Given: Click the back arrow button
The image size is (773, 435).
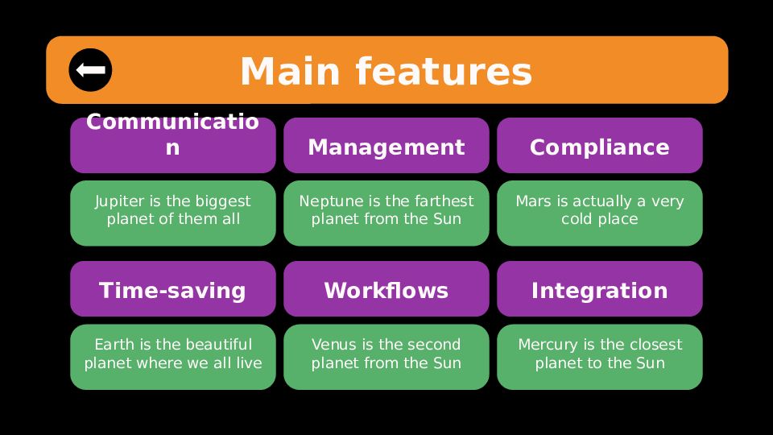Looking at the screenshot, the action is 90,70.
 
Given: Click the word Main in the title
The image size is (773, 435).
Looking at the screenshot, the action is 290,72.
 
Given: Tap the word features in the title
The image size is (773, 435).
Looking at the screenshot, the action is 444,72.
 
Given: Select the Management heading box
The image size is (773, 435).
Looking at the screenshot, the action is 386,146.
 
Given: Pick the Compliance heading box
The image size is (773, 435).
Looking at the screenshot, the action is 599,146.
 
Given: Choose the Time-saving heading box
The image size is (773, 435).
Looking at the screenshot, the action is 172,289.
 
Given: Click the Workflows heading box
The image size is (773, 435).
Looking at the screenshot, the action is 386,289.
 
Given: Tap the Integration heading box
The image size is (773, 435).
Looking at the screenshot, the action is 599,289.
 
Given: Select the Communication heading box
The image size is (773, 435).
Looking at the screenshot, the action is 172,146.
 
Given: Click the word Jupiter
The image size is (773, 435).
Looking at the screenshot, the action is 120,201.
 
